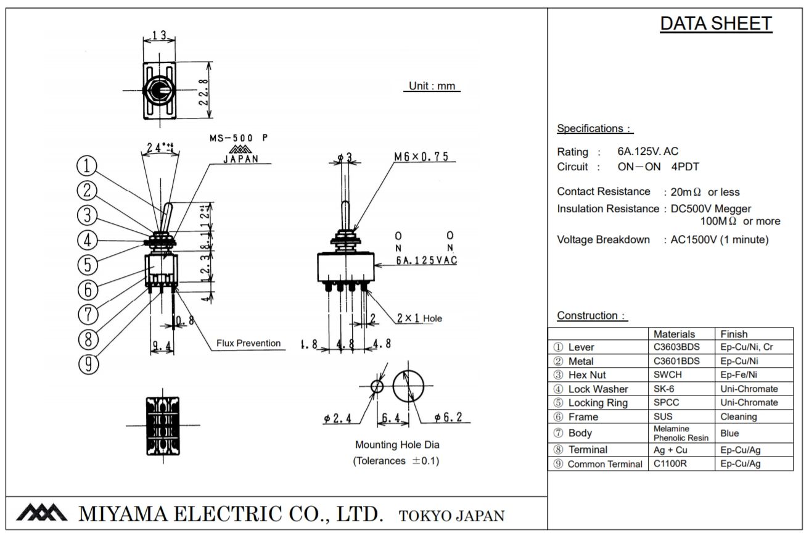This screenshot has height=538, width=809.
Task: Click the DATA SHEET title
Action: click(x=715, y=23)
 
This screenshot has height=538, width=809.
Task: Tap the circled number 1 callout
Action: click(x=88, y=165)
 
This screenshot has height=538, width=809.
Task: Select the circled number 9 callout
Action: click(x=88, y=364)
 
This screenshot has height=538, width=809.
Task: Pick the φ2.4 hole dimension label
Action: click(x=337, y=418)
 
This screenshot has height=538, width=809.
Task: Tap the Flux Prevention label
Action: click(x=248, y=343)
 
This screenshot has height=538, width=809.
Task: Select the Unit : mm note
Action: click(x=432, y=86)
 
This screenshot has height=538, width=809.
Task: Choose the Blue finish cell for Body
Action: click(x=729, y=433)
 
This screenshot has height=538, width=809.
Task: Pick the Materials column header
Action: click(x=674, y=334)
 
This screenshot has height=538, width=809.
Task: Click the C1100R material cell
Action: click(x=670, y=463)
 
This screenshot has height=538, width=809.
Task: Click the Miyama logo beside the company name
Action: click(x=41, y=513)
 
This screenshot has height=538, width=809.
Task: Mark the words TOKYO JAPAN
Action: click(x=451, y=516)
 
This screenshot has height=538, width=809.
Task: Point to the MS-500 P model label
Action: click(x=239, y=138)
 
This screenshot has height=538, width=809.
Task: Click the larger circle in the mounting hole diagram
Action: click(x=408, y=386)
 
